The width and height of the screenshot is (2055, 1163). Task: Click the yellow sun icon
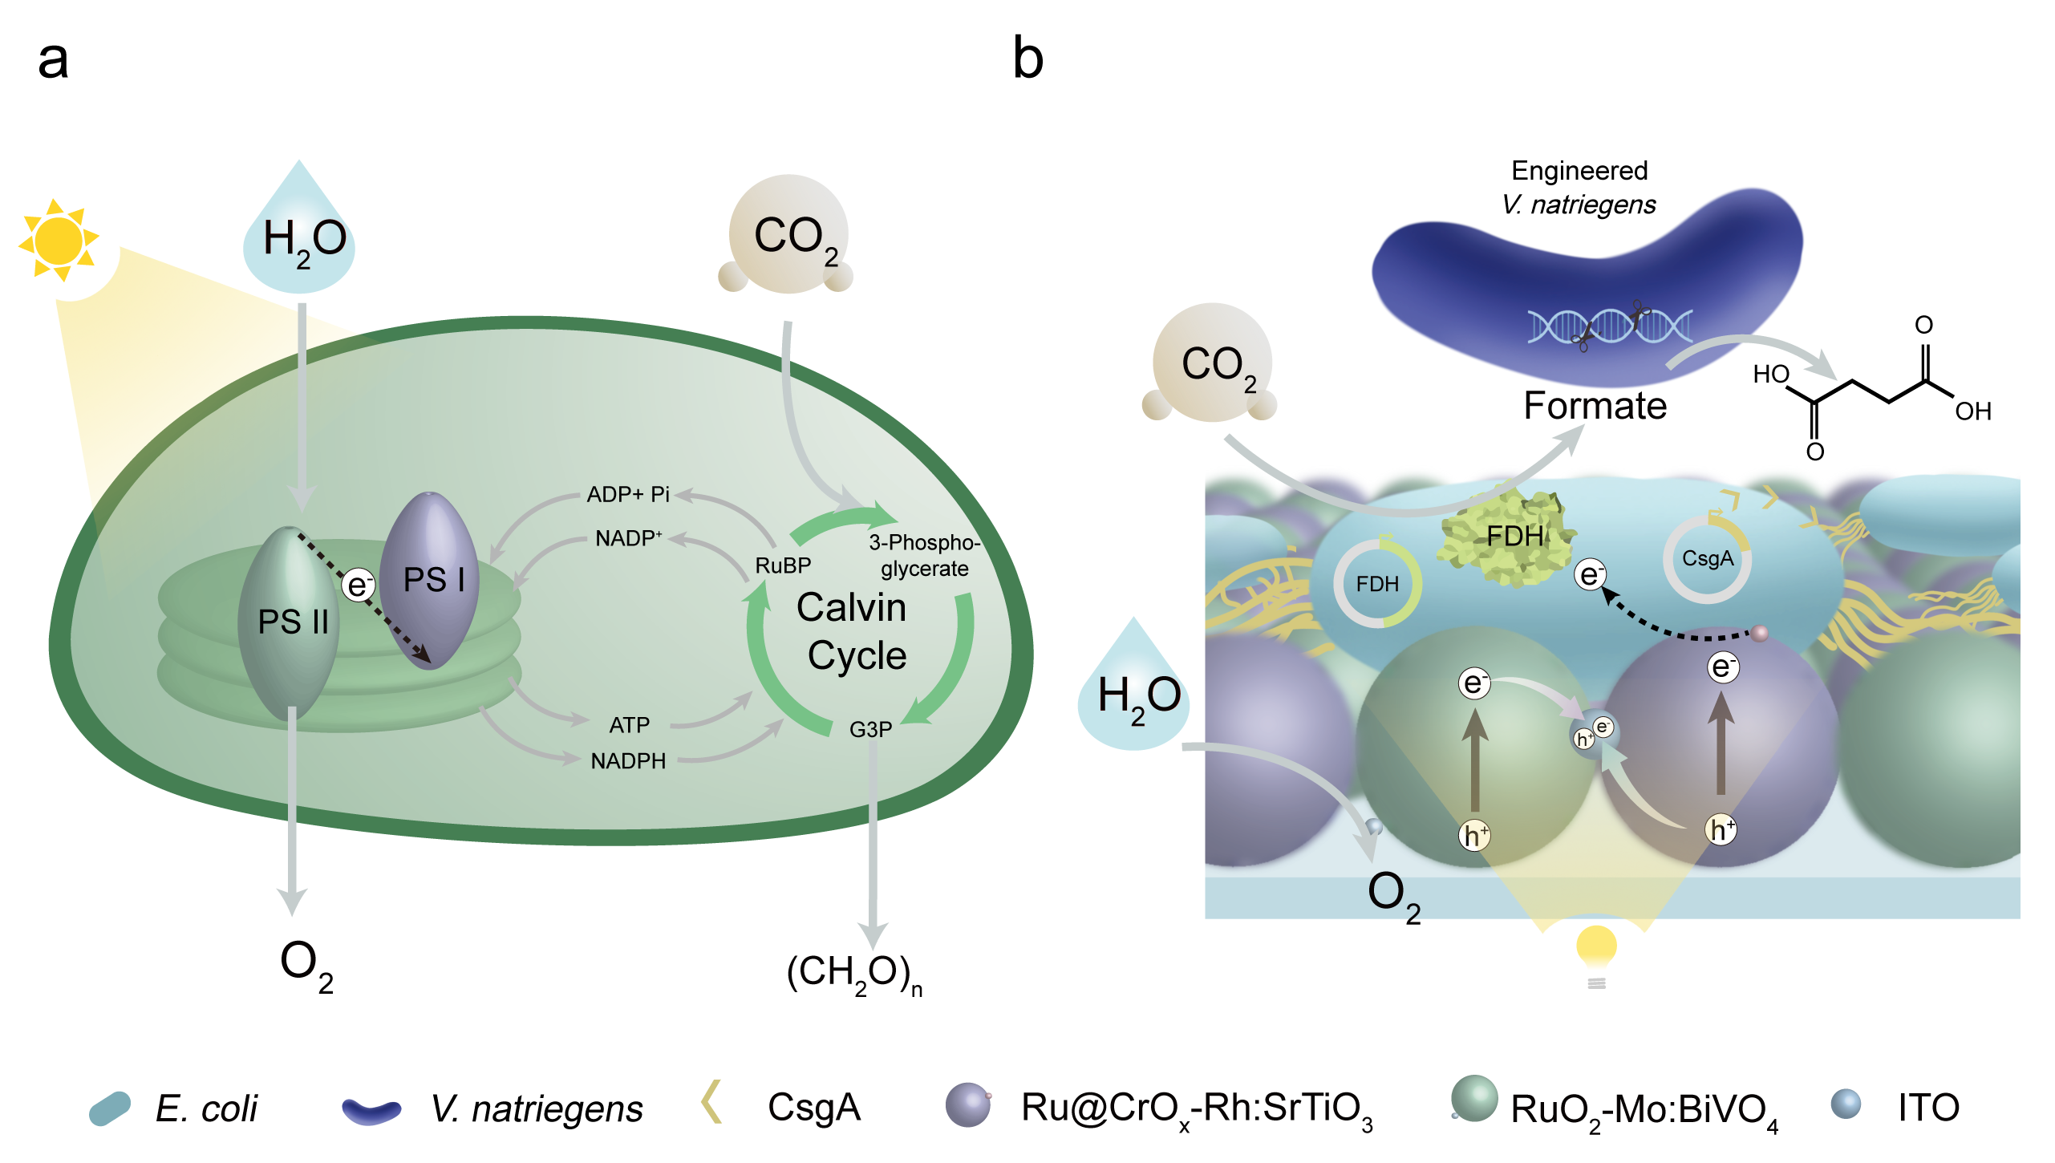click(x=58, y=240)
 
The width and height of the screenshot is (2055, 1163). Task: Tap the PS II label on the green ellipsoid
click(x=293, y=622)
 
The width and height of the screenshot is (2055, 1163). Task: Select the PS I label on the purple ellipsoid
click(x=434, y=580)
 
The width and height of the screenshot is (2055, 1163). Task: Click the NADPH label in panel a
click(x=628, y=761)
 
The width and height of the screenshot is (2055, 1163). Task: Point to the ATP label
click(x=629, y=725)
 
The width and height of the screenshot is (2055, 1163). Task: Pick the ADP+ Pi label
click(x=628, y=494)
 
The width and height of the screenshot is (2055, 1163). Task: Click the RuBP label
click(x=783, y=565)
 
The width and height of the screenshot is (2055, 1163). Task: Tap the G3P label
click(x=870, y=730)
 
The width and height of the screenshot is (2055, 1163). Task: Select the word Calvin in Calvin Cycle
click(x=851, y=607)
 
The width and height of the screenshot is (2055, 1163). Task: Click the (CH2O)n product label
click(x=854, y=973)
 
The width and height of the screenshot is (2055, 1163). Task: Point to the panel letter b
click(x=1027, y=59)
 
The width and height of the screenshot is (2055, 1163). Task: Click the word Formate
click(x=1595, y=406)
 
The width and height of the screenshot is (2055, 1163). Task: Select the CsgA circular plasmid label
click(x=1708, y=559)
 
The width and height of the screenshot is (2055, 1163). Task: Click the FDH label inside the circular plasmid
click(x=1377, y=584)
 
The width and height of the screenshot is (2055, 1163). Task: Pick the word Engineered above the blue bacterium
click(x=1579, y=171)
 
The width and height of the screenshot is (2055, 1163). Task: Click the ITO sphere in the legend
click(x=1845, y=1104)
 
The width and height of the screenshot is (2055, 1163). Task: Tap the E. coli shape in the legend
click(x=110, y=1108)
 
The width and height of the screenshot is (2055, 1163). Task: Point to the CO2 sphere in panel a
click(x=788, y=234)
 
